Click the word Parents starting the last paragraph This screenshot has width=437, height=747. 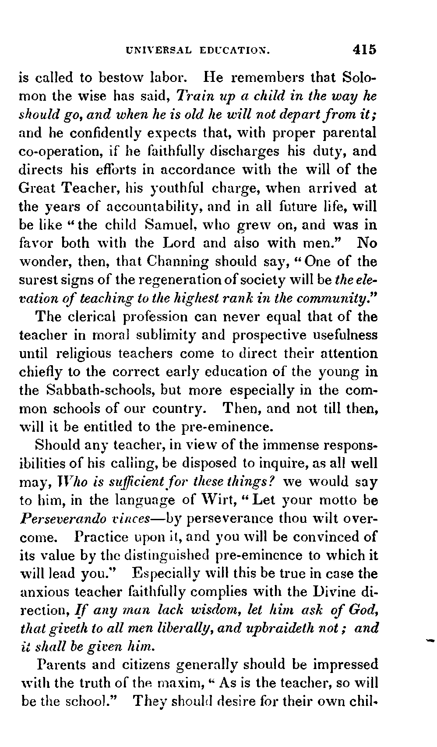click(64, 665)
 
